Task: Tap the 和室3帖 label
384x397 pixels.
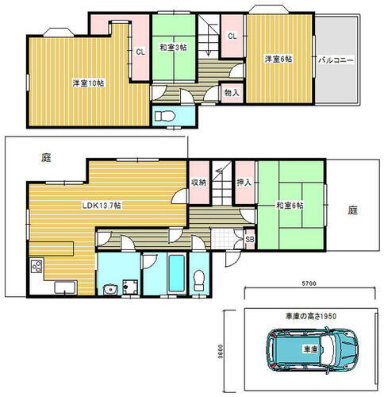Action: pos(172,48)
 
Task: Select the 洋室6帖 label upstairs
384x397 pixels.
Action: pos(278,58)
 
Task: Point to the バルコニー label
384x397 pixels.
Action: pos(336,60)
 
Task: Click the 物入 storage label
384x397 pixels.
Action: pos(232,92)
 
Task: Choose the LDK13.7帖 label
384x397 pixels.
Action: pos(102,205)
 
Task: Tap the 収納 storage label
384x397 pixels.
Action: pos(198,183)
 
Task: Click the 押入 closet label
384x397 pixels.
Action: pos(244,183)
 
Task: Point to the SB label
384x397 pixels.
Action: pos(249,238)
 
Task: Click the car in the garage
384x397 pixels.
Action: pos(309,350)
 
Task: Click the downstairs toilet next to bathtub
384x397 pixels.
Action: pos(199,278)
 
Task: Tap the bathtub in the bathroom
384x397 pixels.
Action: pos(175,274)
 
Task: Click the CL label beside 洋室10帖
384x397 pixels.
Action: pos(140,52)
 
